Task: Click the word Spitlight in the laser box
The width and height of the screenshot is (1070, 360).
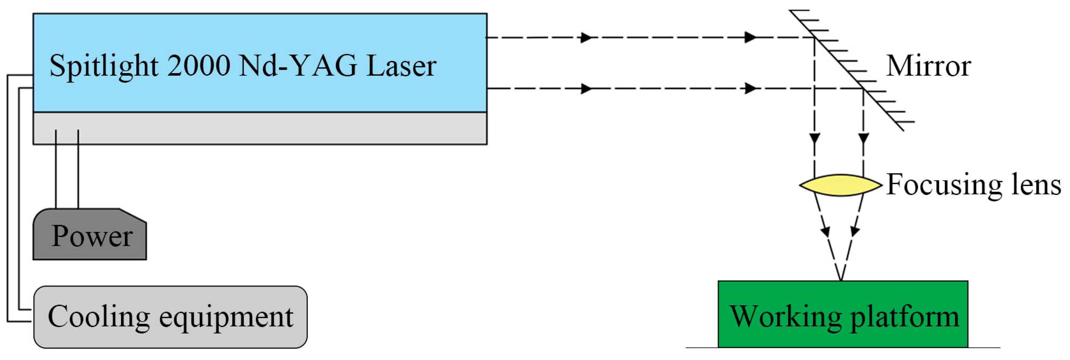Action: (x=104, y=66)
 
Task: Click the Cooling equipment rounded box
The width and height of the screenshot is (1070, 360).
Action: (x=170, y=317)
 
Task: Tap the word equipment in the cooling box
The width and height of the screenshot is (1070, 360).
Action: (x=226, y=318)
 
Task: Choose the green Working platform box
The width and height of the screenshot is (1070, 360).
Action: (x=843, y=314)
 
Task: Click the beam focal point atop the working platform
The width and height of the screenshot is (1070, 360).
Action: (x=841, y=281)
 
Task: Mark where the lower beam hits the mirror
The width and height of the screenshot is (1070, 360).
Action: (x=863, y=88)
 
